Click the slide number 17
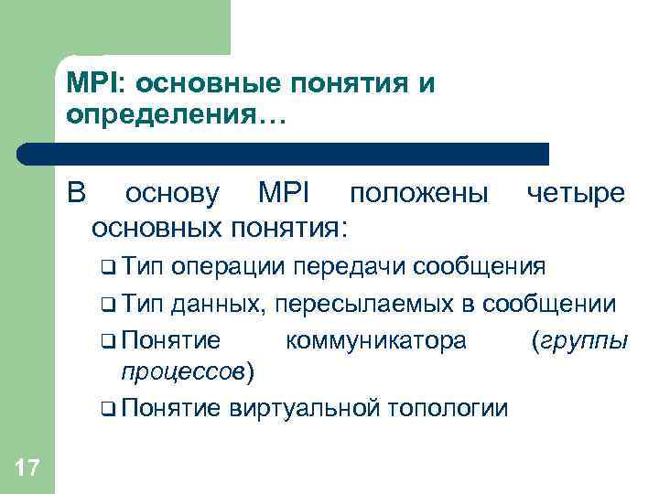27,469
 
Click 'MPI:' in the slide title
95,84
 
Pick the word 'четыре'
575,193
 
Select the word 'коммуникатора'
376,339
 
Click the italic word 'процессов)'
189,371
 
